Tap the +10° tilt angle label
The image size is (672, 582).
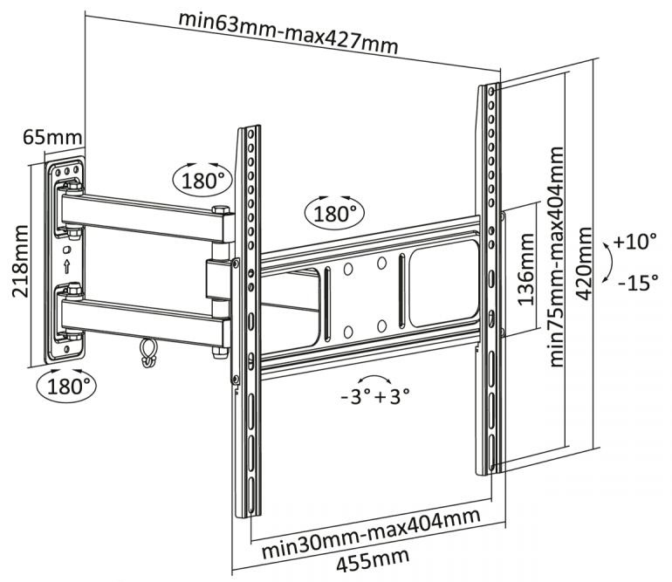coord(634,241)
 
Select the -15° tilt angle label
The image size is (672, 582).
coord(637,282)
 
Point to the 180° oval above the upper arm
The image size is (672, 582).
coord(203,180)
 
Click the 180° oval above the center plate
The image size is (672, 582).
coord(333,213)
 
